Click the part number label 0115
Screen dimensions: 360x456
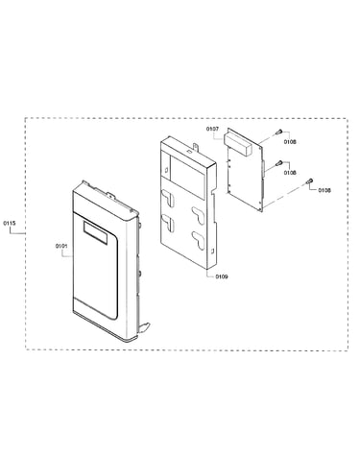(x=9, y=223)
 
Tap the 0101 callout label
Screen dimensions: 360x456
(x=61, y=246)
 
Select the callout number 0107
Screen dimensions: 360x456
(x=212, y=129)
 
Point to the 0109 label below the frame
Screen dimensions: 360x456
(x=222, y=276)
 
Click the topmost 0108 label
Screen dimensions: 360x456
(x=290, y=142)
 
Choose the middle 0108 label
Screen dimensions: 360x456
(x=290, y=173)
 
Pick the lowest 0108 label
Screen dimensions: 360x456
(x=324, y=190)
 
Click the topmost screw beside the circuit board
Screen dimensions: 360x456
(x=279, y=132)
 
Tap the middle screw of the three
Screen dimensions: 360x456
(x=279, y=162)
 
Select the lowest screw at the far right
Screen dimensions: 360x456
(x=309, y=181)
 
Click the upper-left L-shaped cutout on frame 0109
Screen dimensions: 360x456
(x=168, y=197)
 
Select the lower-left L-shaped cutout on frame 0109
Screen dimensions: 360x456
(x=168, y=223)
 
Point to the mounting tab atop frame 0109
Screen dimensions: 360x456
(x=195, y=148)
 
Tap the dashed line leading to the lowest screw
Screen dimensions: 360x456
(x=285, y=195)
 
